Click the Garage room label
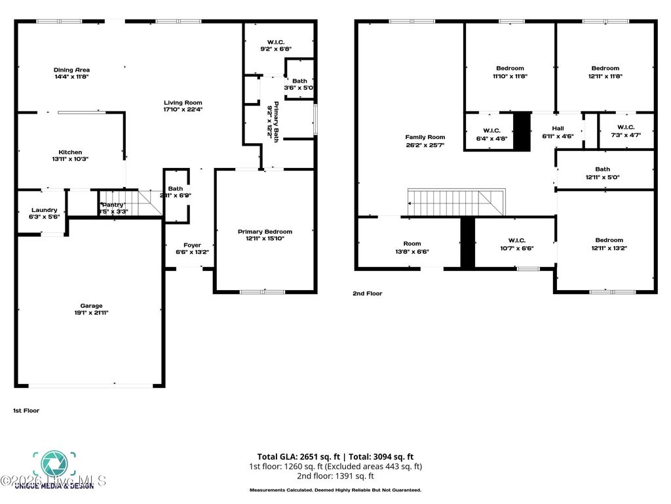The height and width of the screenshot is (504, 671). pyautogui.click(x=91, y=305)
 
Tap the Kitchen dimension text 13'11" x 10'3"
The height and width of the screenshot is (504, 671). pyautogui.click(x=69, y=159)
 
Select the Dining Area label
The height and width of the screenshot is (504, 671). pyautogui.click(x=71, y=70)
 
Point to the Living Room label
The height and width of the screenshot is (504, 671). pyautogui.click(x=183, y=102)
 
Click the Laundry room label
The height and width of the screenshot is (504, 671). pyautogui.click(x=45, y=210)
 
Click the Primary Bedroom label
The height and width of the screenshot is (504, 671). pyautogui.click(x=265, y=232)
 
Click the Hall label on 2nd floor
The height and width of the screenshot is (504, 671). pyautogui.click(x=558, y=129)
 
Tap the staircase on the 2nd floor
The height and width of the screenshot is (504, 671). pyautogui.click(x=456, y=201)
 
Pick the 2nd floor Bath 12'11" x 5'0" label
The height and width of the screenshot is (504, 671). pyautogui.click(x=602, y=169)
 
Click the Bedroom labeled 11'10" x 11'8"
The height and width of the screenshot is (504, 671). pyautogui.click(x=510, y=68)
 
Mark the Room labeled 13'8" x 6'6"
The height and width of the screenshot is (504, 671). pyautogui.click(x=412, y=243)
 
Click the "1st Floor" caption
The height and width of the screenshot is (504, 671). pyautogui.click(x=26, y=411)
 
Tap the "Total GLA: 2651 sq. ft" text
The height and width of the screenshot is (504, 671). pyautogui.click(x=297, y=457)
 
